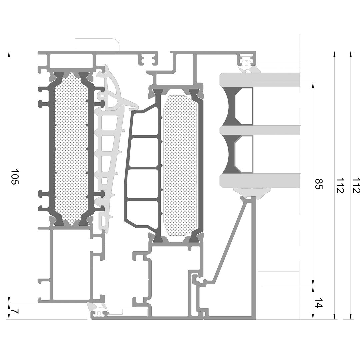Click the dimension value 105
coord(15,177)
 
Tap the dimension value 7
coord(15,311)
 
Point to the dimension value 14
coord(319,302)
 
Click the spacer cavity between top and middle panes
coord(244,106)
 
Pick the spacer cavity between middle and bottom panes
coord(244,154)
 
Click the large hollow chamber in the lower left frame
coord(71,264)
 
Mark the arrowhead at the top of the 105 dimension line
coord(9,54)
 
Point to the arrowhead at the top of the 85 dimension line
coord(313,85)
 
